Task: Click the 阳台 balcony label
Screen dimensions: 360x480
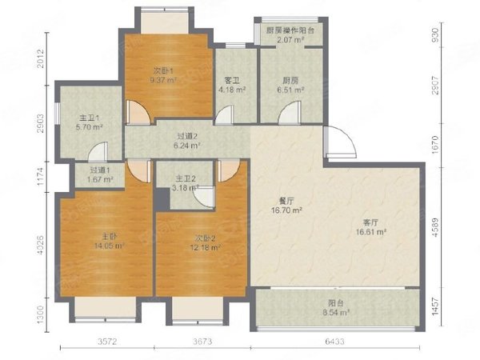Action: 336,303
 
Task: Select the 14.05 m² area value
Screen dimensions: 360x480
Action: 110,246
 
